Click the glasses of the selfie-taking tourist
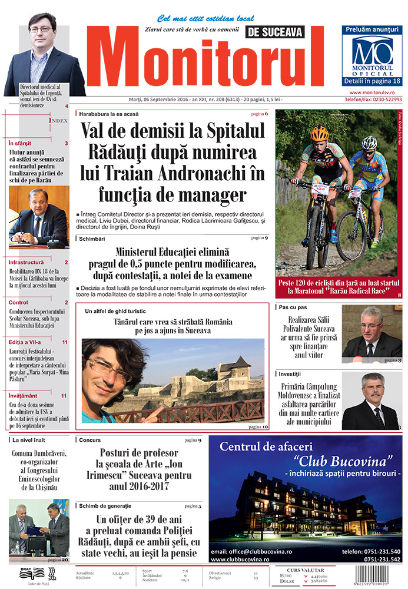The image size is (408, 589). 110,370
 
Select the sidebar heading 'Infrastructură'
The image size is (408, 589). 26,262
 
